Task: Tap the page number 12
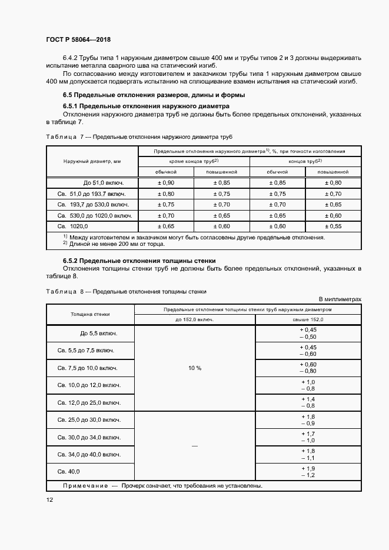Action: tap(50, 499)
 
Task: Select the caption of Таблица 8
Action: tap(126, 291)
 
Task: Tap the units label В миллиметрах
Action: tap(340, 299)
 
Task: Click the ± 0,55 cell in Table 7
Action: tap(333, 225)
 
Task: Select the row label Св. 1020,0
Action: tap(73, 225)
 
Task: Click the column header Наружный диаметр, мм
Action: tap(92, 161)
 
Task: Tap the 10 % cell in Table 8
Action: tap(195, 368)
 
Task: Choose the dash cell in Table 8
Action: tap(195, 445)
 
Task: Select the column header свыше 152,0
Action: tap(308, 319)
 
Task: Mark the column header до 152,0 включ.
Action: tap(195, 319)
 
